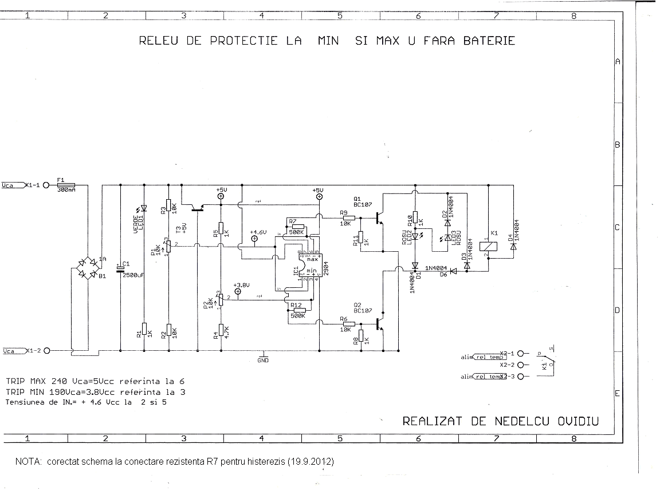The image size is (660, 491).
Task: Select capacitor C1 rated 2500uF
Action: pos(120,268)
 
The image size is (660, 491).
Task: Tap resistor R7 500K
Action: pos(297,227)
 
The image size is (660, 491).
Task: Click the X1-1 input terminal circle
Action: pos(46,185)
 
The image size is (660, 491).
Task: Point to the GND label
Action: pos(263,361)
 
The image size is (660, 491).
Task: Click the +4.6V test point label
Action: pos(258,232)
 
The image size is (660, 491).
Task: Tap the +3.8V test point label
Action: pos(242,284)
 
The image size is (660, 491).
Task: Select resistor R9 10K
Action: pos(348,218)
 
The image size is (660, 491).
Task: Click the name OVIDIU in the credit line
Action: pos(578,421)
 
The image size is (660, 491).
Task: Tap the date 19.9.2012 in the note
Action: pos(310,461)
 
